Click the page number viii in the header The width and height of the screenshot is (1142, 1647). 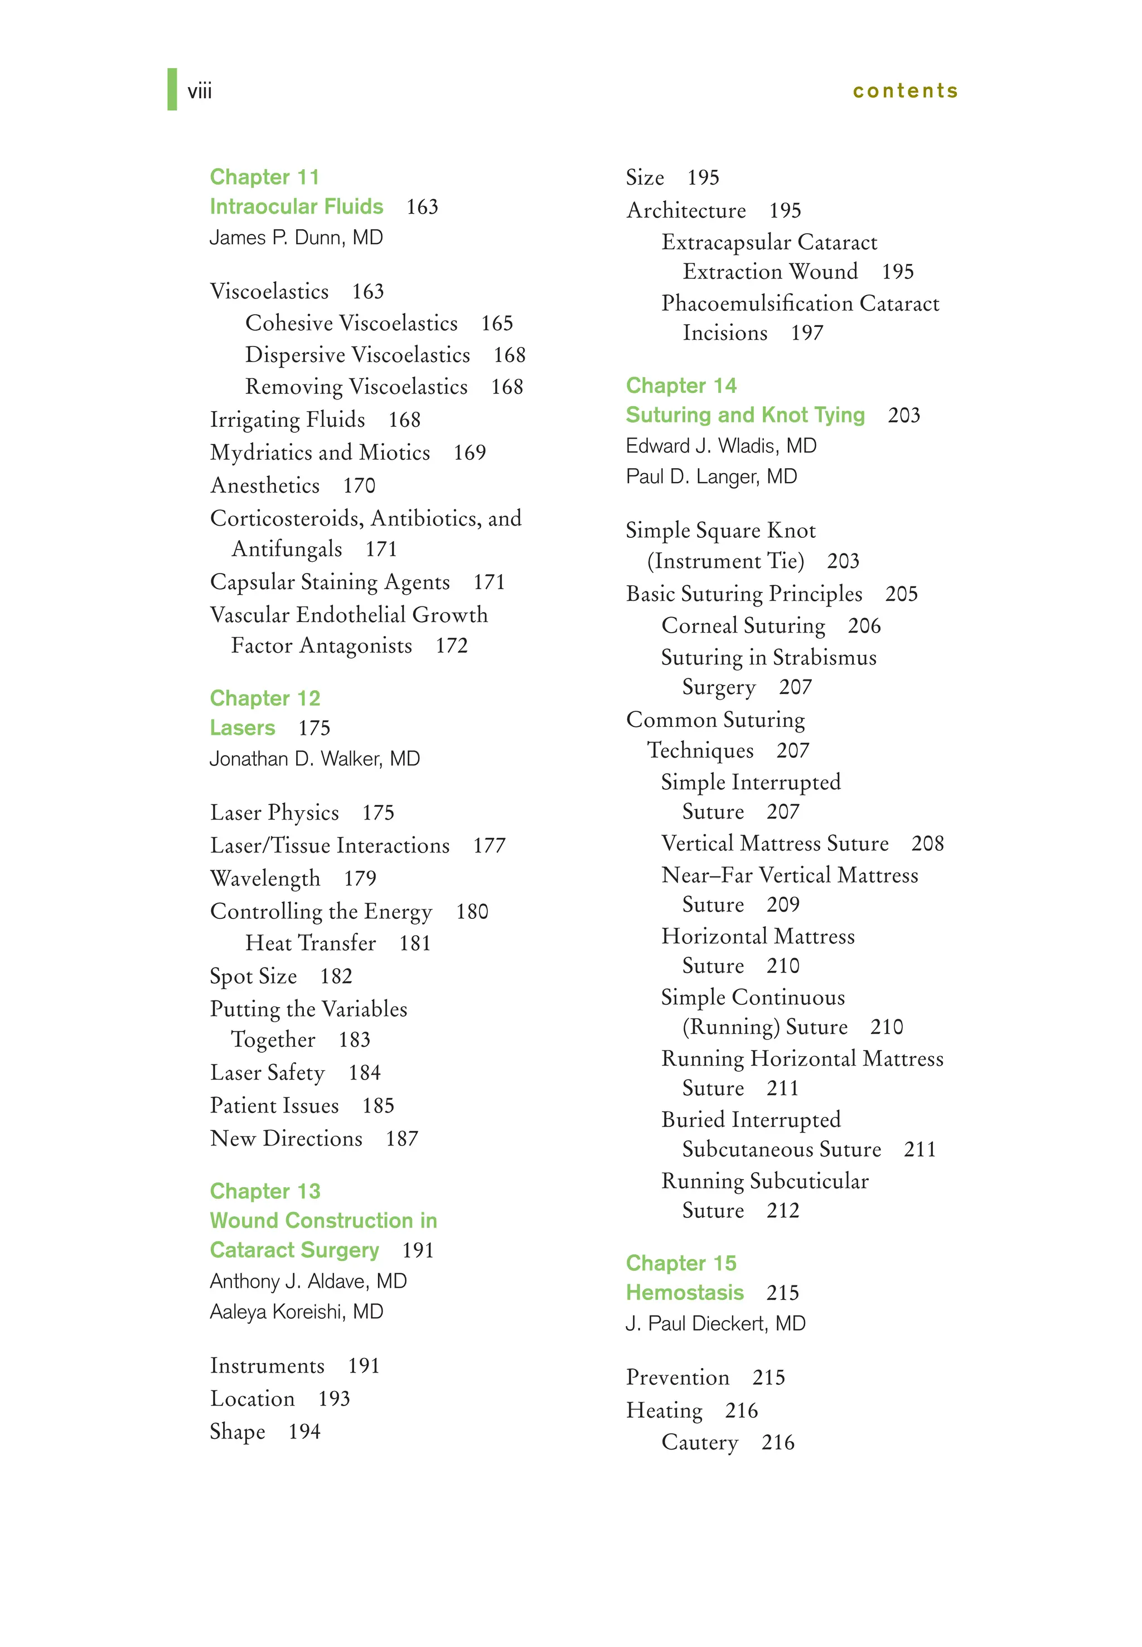tap(200, 92)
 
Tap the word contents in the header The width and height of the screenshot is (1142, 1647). tap(904, 91)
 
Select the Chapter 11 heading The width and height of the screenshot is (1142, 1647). tap(264, 177)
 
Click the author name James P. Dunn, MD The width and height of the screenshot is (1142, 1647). tap(296, 237)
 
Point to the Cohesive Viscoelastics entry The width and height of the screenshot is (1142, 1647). tap(351, 323)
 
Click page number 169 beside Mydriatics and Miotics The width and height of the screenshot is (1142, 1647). tap(470, 452)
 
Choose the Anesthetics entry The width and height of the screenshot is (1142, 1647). tap(265, 485)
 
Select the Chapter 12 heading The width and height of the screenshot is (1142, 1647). tap(265, 698)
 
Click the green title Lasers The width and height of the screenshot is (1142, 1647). tap(243, 728)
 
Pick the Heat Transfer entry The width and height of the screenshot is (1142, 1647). tap(311, 943)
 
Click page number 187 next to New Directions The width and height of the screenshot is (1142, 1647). tap(401, 1138)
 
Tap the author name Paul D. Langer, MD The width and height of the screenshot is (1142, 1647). tap(712, 476)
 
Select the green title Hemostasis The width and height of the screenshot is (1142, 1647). tap(685, 1292)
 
